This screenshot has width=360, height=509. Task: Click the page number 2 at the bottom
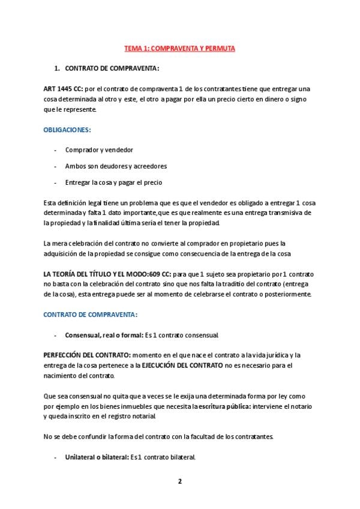(179, 481)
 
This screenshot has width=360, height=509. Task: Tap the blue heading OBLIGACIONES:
(67, 130)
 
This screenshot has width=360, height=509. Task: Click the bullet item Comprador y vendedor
(99, 149)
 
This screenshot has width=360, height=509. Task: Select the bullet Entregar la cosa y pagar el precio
(114, 182)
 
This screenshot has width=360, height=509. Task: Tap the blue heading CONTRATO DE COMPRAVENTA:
(91, 314)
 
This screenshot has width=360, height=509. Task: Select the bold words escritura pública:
(224, 406)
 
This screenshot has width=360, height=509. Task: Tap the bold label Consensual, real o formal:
(102, 334)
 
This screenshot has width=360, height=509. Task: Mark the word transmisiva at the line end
(293, 212)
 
